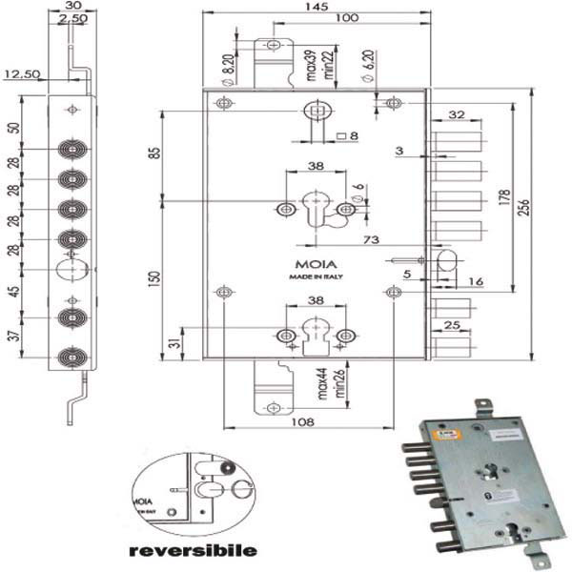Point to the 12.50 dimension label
(x=20, y=73)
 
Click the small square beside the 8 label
(x=340, y=135)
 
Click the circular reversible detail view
(x=194, y=492)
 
